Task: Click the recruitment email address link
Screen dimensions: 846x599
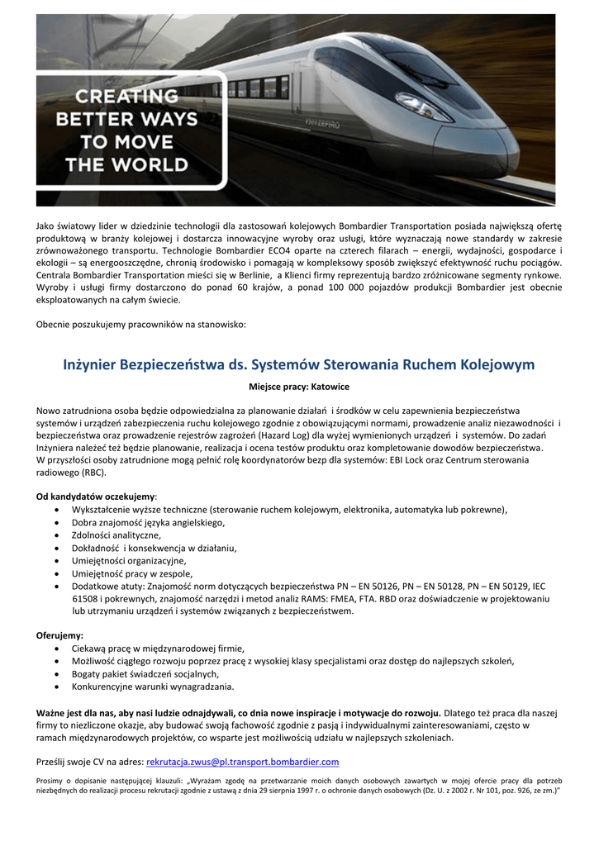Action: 242,761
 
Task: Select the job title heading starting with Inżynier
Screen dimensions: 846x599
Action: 299,364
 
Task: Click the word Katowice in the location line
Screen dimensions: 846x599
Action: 330,386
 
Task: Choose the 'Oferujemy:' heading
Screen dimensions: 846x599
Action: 59,635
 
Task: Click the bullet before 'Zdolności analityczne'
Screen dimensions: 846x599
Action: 55,535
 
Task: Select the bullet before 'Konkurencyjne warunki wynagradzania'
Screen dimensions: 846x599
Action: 55,686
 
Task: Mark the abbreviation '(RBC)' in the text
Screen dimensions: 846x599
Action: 93,473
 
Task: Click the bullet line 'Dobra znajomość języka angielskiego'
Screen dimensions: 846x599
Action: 148,522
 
